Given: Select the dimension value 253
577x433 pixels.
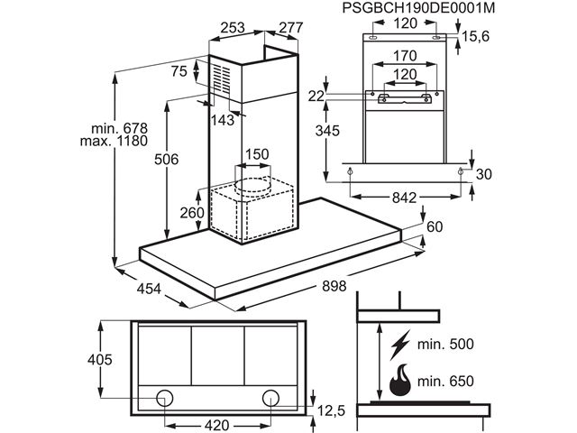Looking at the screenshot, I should pyautogui.click(x=233, y=28).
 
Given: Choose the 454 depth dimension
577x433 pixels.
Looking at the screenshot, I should pyautogui.click(x=150, y=290).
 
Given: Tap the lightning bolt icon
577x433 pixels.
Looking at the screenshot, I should pyautogui.click(x=400, y=344).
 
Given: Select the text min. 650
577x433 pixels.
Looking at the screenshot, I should pyautogui.click(x=446, y=382).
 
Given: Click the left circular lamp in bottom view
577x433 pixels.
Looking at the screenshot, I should pyautogui.click(x=165, y=397).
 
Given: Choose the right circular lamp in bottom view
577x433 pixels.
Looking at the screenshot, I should pyautogui.click(x=270, y=397).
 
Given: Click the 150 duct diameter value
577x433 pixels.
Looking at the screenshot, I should pyautogui.click(x=257, y=154).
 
